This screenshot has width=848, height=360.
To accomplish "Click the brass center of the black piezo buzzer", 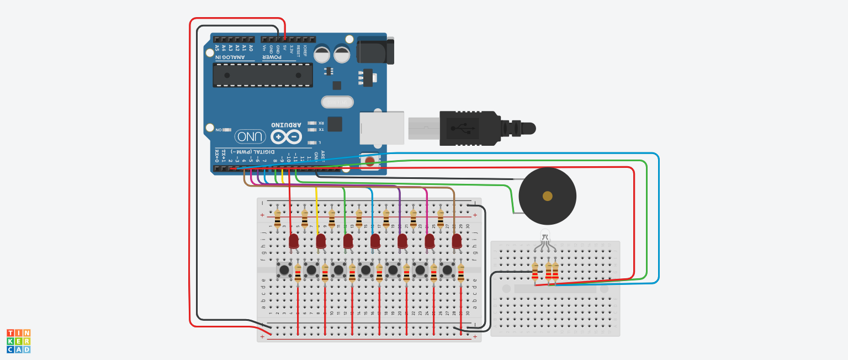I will coord(547,196).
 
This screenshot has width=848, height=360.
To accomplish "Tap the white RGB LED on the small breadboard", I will coord(545,235).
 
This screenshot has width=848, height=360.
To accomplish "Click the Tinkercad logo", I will coord(18,341).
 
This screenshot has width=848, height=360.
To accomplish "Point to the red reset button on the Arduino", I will coord(370,161).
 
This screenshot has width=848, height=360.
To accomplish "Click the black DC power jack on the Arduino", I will coord(375,51).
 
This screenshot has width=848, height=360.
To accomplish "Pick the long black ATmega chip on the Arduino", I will coord(263,75).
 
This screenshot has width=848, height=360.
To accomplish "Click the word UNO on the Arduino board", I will coord(250,136).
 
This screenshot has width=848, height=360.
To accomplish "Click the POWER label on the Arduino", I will coord(272,57).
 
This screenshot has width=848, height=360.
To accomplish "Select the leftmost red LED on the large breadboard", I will coord(294,241).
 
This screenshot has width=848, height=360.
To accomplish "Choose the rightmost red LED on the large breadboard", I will coord(457,241).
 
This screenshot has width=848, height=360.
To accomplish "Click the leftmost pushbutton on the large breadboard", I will coord(284,270).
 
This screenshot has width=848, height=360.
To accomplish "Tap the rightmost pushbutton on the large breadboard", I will coord(447,270).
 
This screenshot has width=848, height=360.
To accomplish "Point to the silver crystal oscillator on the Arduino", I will coord(337,102).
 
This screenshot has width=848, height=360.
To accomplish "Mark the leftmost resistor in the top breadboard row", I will coord(277,218).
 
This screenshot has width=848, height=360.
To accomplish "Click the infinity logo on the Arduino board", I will coord(286,136).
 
